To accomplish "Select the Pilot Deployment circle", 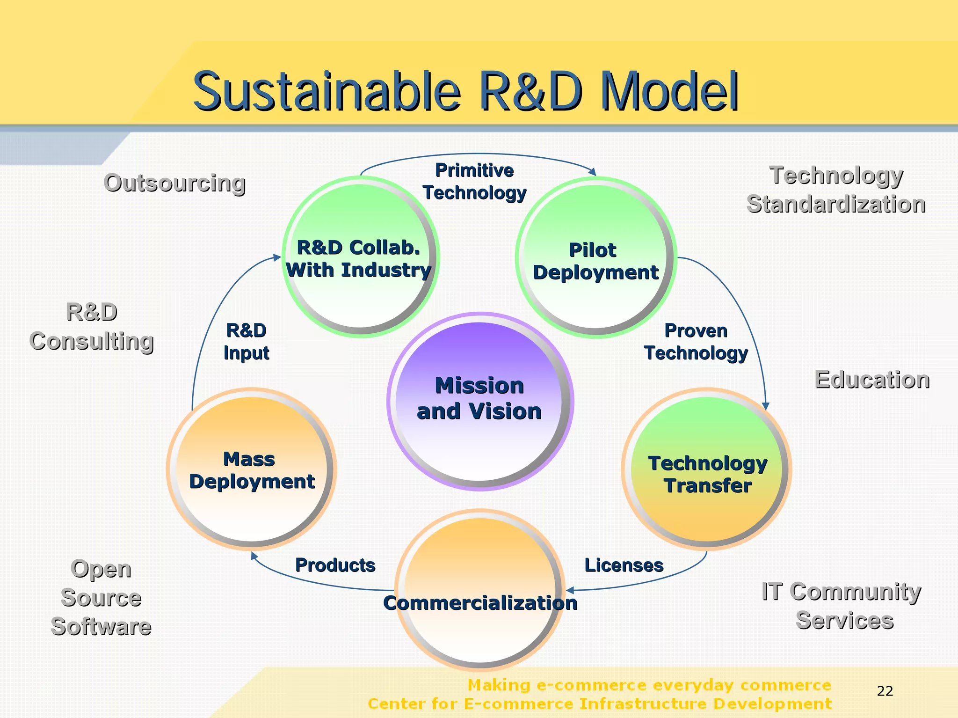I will click(x=595, y=257).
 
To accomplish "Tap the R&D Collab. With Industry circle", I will click(x=360, y=257).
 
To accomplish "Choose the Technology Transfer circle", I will click(x=707, y=469).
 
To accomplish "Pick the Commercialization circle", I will click(x=480, y=590).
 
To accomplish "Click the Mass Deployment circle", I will click(x=252, y=469).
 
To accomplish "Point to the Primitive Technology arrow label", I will click(x=474, y=182).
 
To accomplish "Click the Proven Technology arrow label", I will click(x=696, y=342).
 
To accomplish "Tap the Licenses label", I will click(x=624, y=565).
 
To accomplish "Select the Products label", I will click(x=335, y=565).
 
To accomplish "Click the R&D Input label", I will click(x=247, y=342).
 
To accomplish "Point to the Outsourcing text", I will click(x=174, y=183).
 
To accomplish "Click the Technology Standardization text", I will click(x=836, y=190).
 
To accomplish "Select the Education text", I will click(x=872, y=379).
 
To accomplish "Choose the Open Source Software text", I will click(x=101, y=598).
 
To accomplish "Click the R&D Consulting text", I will click(x=92, y=327).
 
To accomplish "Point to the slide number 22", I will click(x=885, y=691).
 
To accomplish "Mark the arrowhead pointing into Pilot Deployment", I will click(x=593, y=172).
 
